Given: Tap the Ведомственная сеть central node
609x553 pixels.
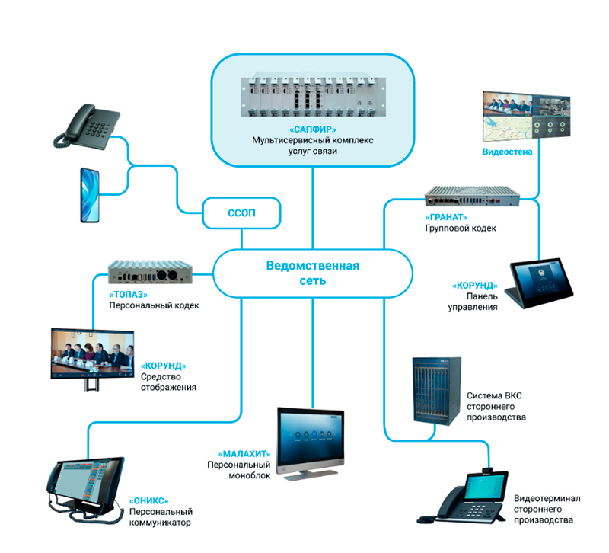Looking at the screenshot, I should pyautogui.click(x=312, y=273).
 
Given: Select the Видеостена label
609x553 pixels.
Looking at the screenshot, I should pyautogui.click(x=506, y=152).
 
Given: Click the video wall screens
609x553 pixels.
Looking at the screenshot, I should pyautogui.click(x=525, y=116).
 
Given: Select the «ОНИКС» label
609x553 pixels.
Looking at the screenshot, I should pyautogui.click(x=148, y=500).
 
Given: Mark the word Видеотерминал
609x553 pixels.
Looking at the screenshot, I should pyautogui.click(x=547, y=498).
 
